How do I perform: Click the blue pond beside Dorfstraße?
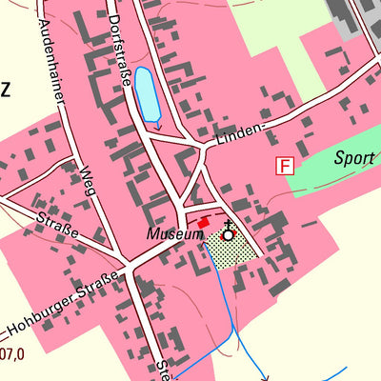tap(147, 93)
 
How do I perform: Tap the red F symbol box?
tap(282, 165)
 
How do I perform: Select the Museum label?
tap(174, 232)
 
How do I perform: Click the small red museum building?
tap(204, 222)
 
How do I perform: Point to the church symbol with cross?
tap(228, 231)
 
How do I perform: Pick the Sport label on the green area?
tap(354, 158)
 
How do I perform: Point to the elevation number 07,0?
tap(11, 356)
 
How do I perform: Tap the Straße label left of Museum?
tap(56, 229)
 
